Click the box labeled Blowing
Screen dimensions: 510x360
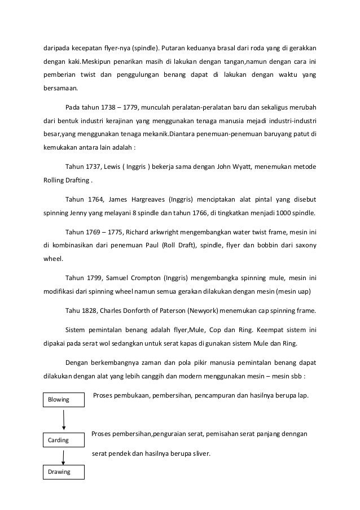click(64, 399)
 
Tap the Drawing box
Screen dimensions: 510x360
click(64, 472)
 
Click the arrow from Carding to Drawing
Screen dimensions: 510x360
click(64, 455)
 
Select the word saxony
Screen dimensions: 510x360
click(304, 246)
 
